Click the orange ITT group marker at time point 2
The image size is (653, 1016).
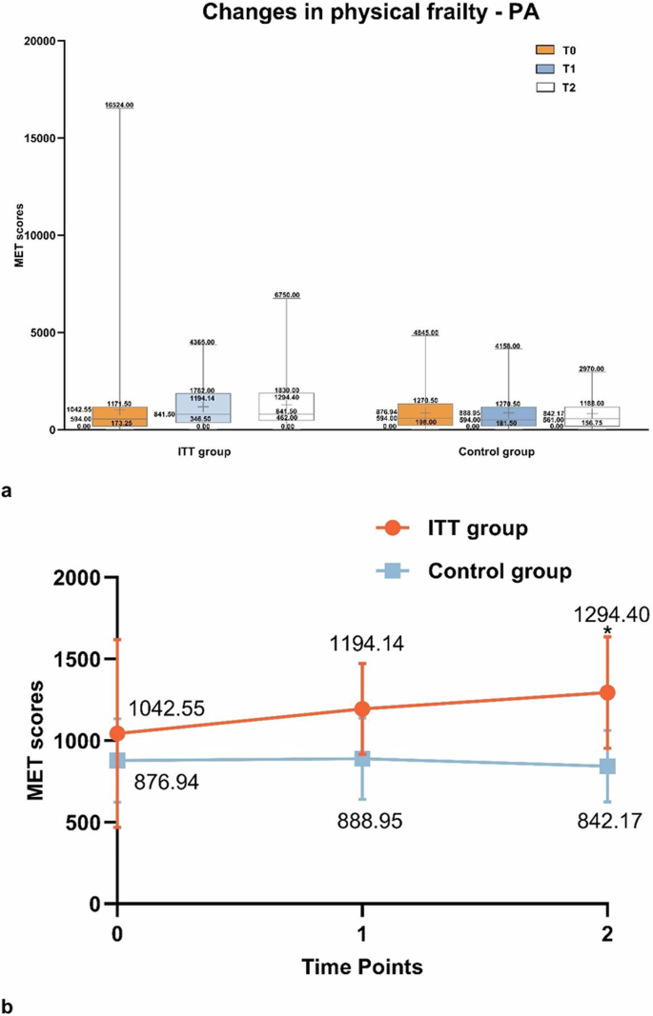point(606,692)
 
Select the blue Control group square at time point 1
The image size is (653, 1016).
point(362,758)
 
